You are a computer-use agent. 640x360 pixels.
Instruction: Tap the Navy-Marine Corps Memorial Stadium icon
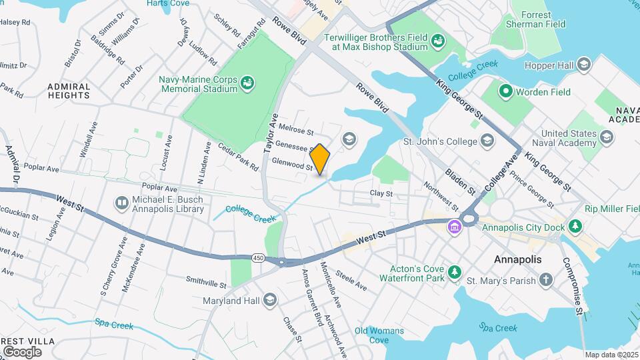247,83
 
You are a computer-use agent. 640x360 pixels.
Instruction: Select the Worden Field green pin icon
505,92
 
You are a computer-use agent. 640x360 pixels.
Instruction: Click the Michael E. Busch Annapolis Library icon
121,202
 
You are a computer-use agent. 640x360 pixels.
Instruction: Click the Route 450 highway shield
259,257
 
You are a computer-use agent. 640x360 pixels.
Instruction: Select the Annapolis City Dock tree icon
575,227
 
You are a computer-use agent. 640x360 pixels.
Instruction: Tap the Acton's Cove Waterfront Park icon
455,272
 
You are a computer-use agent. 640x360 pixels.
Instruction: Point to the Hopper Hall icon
584,65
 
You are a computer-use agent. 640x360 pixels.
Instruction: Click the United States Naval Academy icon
606,137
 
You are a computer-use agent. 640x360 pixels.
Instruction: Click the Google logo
22,351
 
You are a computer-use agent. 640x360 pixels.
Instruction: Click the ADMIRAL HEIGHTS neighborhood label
69,91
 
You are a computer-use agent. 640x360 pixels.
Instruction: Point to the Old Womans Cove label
379,335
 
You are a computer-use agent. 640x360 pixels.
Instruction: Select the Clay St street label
382,193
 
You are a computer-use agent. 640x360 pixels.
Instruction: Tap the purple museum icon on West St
455,227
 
